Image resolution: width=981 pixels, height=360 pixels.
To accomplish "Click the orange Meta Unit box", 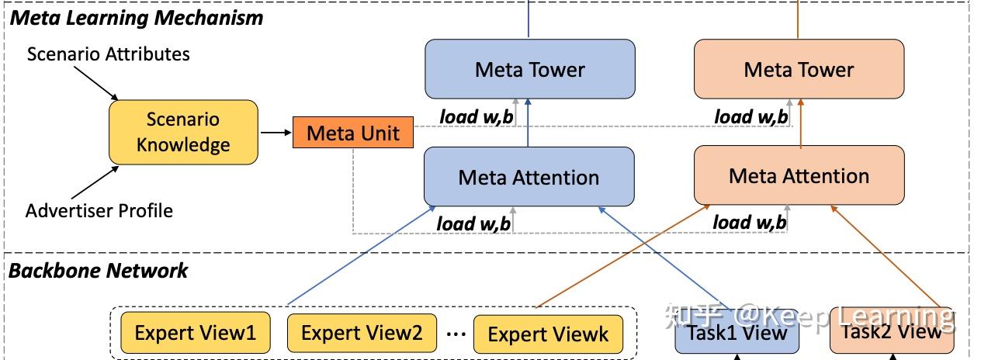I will (353, 133).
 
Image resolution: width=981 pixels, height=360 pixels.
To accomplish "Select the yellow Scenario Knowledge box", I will (183, 132).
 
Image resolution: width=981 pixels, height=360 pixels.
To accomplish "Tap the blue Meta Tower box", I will (529, 69).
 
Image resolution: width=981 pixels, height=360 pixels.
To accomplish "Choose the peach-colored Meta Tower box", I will (799, 69).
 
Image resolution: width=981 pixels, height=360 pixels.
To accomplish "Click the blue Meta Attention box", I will (529, 177).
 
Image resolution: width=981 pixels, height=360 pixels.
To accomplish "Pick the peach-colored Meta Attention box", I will (799, 175).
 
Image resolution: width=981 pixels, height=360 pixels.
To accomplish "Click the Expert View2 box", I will (362, 333).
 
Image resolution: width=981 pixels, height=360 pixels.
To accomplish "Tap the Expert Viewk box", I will (548, 334).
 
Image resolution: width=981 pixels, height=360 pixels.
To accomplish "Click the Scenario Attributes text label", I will (109, 54).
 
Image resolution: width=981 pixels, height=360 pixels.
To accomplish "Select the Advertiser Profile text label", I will (99, 211).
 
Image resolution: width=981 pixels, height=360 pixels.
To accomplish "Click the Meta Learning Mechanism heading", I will (136, 17).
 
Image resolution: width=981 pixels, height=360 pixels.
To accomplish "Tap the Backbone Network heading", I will (98, 271).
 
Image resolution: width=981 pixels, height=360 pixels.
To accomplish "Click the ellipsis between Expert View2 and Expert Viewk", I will (456, 334).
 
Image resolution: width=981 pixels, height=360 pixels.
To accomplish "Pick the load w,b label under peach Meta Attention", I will (750, 223).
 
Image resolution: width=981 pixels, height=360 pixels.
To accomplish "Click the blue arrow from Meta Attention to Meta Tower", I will (529, 124).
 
